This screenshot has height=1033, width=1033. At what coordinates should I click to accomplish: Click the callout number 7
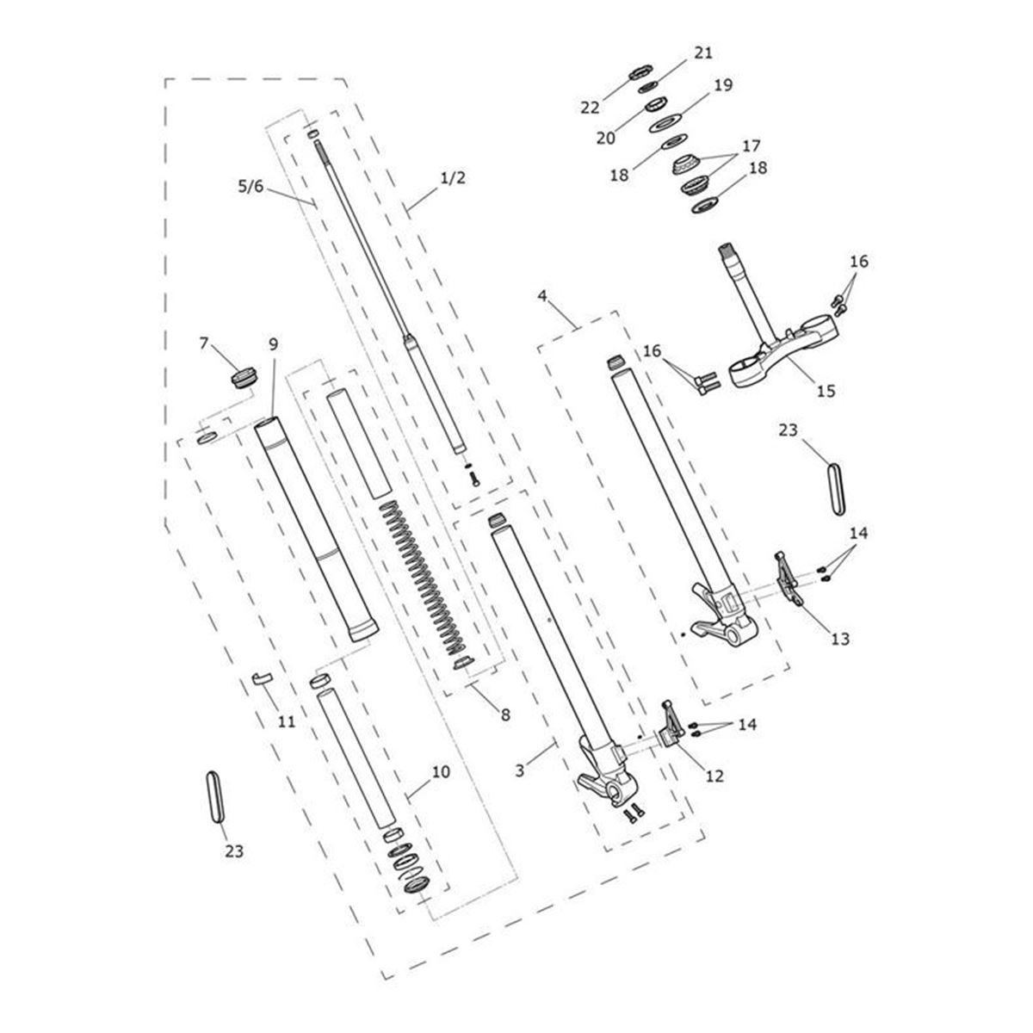[204, 343]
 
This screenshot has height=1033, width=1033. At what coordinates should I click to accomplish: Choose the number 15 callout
[826, 390]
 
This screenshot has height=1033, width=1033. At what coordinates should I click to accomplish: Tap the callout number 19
[722, 85]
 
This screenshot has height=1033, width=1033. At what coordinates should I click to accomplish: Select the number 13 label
[840, 639]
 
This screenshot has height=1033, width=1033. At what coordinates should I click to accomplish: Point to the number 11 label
[287, 721]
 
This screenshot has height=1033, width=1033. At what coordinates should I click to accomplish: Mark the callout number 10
[440, 772]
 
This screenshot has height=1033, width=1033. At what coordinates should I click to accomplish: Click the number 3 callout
[520, 770]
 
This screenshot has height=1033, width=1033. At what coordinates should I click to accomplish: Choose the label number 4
[542, 296]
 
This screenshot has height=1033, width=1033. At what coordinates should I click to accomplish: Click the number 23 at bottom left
[234, 851]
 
